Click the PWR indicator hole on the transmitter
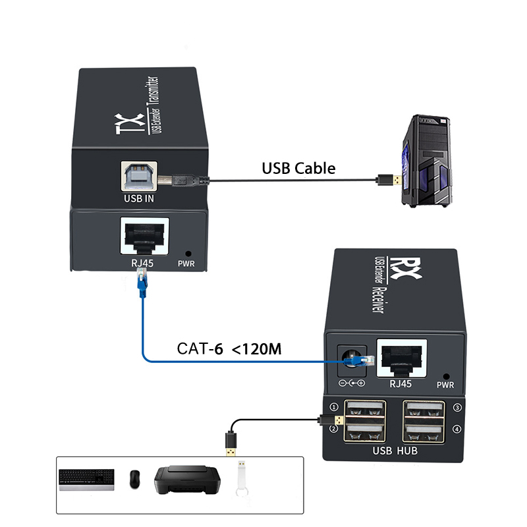[189, 253]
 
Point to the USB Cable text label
[298, 168]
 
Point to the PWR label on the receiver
[446, 384]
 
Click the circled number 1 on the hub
[334, 407]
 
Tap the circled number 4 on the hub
[457, 430]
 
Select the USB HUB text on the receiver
[395, 451]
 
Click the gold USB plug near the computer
[384, 179]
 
